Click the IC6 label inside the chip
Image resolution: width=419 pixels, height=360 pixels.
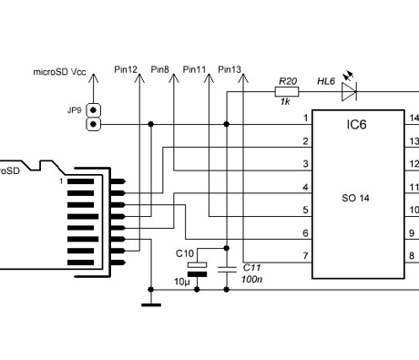[x=356, y=124]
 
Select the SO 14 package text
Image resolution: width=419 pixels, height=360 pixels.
[x=356, y=196]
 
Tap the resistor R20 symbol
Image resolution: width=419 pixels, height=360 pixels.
[x=284, y=90]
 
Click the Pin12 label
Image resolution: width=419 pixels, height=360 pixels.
[x=127, y=69]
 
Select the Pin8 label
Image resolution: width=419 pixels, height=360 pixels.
[x=160, y=69]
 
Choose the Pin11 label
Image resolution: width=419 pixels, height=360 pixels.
[x=195, y=69]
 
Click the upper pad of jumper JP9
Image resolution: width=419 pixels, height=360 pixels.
[x=92, y=108]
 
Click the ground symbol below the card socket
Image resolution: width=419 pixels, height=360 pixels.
[x=150, y=304]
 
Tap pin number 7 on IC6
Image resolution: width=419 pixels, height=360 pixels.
[x=305, y=255]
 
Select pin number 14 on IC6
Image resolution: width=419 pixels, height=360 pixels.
[x=414, y=118]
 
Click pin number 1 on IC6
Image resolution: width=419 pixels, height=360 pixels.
[x=305, y=118]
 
